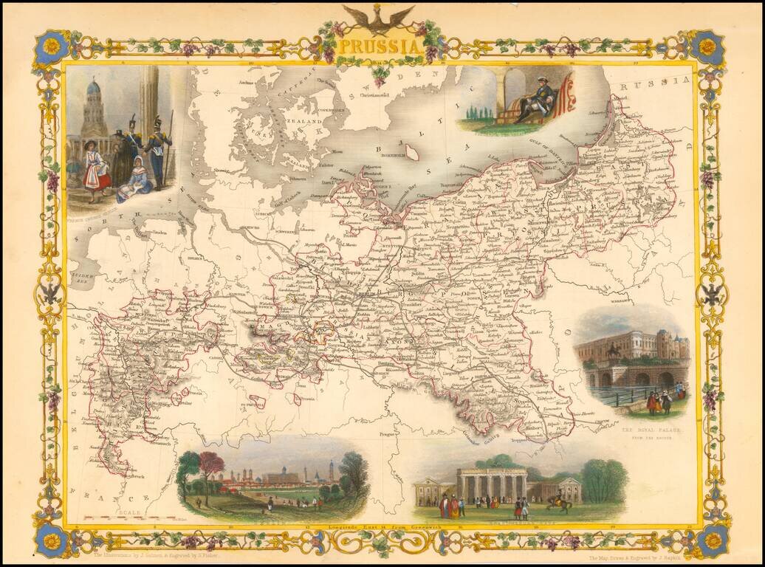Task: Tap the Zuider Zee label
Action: (80, 274)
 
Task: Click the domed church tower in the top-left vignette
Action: (94, 107)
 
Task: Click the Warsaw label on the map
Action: (617, 302)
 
